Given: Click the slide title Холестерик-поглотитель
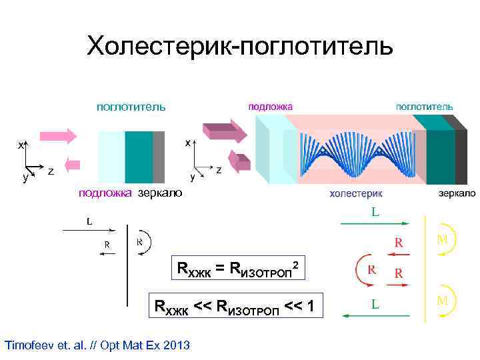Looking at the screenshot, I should [240, 46].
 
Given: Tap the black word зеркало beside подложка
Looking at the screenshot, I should [159, 193].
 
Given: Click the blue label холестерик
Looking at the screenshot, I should [357, 193].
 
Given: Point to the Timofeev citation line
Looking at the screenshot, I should [97, 345].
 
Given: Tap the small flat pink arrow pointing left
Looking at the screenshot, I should [72, 164].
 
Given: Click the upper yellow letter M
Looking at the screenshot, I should [442, 238].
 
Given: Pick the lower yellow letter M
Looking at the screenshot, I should [442, 300].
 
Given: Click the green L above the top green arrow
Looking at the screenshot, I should [376, 213].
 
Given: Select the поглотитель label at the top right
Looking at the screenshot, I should [425, 107].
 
